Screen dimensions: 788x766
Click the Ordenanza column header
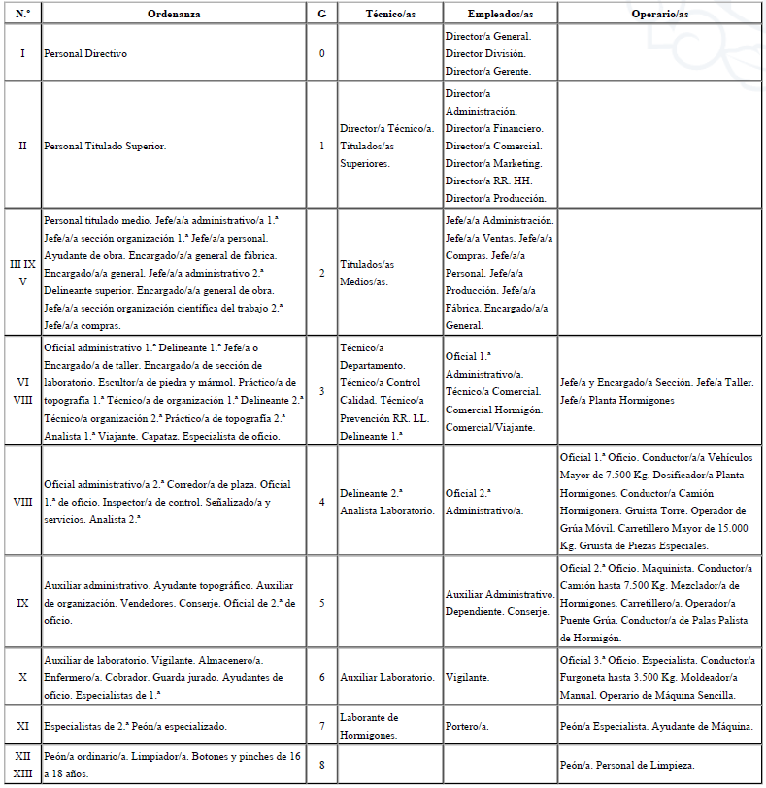175,14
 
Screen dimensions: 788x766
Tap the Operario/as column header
660,14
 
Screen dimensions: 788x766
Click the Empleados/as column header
499,14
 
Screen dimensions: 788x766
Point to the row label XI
22,726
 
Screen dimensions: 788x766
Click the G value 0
322,52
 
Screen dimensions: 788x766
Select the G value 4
322,502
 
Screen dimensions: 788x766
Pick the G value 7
322,726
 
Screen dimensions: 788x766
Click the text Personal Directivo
85,52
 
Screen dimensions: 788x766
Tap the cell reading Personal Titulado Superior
105,146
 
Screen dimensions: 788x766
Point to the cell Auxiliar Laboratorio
387,677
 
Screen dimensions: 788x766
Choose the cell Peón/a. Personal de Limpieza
627,766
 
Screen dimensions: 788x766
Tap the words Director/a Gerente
487,71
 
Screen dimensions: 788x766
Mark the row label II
22,146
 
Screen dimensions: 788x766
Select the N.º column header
22,14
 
